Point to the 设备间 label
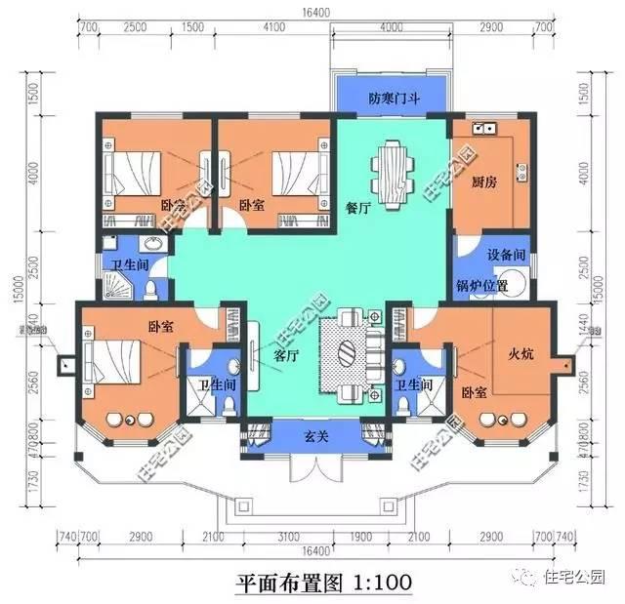(x=506, y=254)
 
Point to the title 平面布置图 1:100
(x=323, y=582)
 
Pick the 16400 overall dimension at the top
(x=311, y=12)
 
